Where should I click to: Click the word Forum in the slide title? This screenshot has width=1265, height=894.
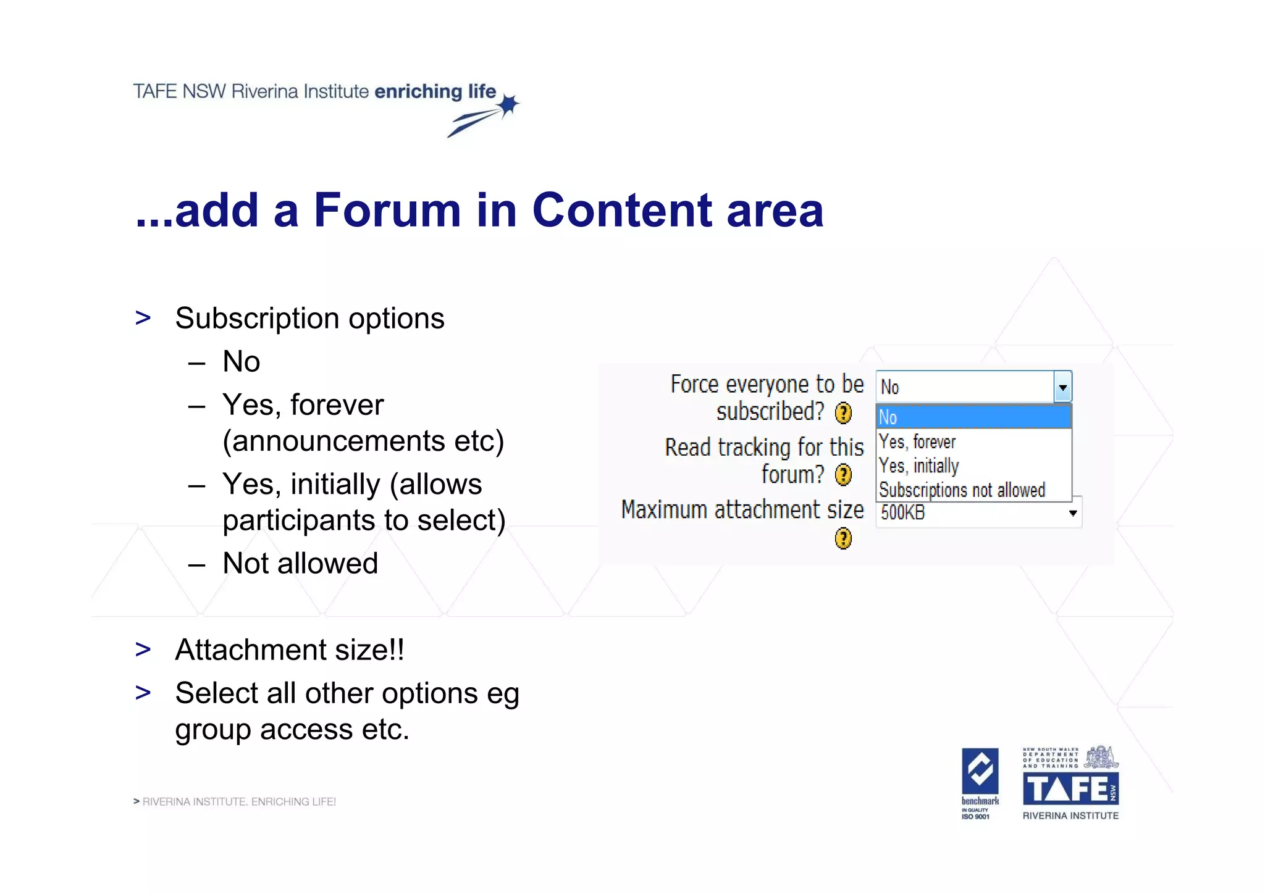tap(387, 211)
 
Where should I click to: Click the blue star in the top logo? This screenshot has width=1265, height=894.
tap(508, 106)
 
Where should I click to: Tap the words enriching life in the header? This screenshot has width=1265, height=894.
tap(435, 91)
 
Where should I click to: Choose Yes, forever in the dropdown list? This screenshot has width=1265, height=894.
tap(917, 441)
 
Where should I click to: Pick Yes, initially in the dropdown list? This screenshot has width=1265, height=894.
tap(919, 466)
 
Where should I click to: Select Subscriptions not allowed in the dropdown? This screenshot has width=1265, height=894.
tap(962, 490)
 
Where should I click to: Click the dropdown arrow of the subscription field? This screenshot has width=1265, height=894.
tap(1062, 388)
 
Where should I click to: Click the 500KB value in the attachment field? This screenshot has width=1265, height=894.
tap(903, 512)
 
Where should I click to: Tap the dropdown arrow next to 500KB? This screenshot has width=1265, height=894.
tap(1073, 513)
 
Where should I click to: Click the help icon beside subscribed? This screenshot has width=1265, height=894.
tap(843, 413)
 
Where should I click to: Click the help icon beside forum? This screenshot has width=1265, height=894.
tap(843, 475)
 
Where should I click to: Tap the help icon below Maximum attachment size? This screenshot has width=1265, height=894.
tap(843, 538)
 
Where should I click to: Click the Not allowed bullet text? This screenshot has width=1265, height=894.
tap(300, 563)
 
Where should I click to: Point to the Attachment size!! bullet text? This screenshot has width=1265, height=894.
tap(290, 650)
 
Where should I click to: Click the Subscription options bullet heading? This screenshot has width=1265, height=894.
tap(309, 319)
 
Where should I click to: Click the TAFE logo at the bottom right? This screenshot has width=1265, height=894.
tap(1070, 788)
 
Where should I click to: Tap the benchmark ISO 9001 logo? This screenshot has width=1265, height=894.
tap(980, 783)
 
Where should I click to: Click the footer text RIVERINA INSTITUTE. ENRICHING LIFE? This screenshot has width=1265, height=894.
tap(239, 801)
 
